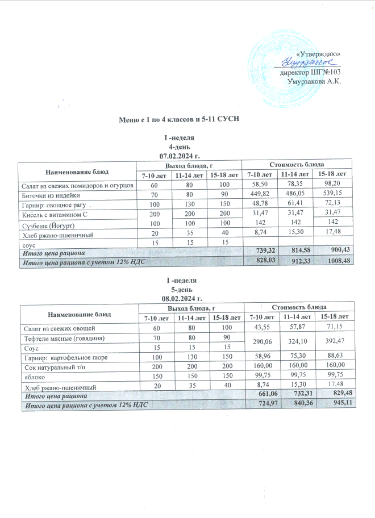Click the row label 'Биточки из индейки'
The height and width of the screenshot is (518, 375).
(x=52, y=195)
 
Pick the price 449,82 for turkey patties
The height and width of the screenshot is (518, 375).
(x=260, y=195)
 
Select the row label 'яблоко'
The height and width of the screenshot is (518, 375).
(x=32, y=375)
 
